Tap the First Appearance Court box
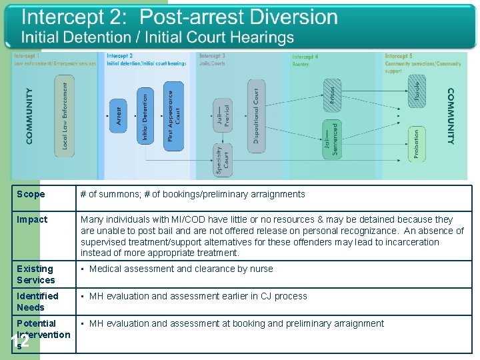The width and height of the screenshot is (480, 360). (x=173, y=116)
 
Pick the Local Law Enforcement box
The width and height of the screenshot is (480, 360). (x=65, y=115)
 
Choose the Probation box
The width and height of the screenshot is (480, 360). (x=417, y=144)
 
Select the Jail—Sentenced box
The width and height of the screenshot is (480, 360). (x=331, y=139)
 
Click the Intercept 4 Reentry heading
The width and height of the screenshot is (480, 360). (x=305, y=60)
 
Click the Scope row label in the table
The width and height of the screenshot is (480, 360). (x=31, y=195)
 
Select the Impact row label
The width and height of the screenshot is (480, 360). (x=33, y=219)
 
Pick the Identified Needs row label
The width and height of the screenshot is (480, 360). (x=37, y=301)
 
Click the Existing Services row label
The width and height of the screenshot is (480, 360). (x=36, y=274)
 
